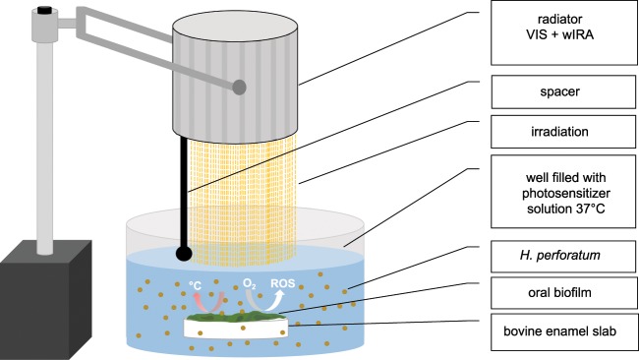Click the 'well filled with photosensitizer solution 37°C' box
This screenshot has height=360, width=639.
(558, 197)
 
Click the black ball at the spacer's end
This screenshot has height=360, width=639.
(184, 253)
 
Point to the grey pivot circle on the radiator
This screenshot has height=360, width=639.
(240, 88)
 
